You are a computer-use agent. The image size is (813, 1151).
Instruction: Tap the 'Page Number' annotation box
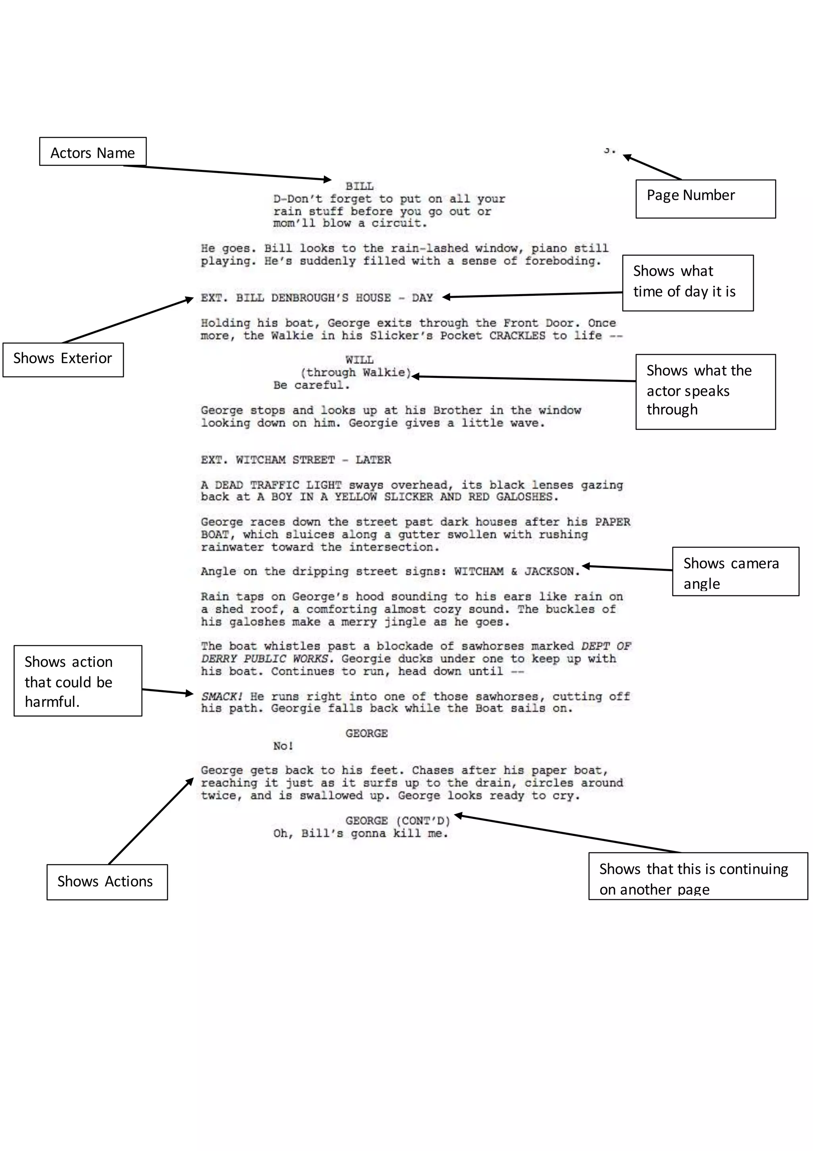click(x=705, y=198)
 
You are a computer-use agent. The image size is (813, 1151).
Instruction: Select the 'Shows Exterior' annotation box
click(x=63, y=360)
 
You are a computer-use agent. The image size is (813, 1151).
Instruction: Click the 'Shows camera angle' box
click(x=735, y=572)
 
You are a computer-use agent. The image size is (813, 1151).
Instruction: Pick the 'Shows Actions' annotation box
click(x=107, y=882)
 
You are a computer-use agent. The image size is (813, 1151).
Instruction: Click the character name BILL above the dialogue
click(x=359, y=186)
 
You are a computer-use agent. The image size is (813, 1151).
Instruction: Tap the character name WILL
click(x=359, y=360)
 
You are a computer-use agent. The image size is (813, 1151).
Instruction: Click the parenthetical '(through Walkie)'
click(x=356, y=372)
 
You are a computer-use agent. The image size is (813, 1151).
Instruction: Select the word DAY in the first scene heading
click(x=422, y=298)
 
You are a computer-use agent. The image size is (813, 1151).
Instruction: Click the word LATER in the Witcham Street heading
click(x=373, y=460)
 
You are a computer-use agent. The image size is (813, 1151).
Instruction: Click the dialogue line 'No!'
click(x=283, y=746)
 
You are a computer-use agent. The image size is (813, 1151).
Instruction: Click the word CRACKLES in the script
click(x=517, y=335)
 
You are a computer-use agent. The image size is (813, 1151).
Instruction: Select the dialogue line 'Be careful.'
click(x=311, y=385)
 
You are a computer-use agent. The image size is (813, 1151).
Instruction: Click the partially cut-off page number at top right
click(x=609, y=150)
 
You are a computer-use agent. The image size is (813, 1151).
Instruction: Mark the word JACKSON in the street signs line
click(x=549, y=572)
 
